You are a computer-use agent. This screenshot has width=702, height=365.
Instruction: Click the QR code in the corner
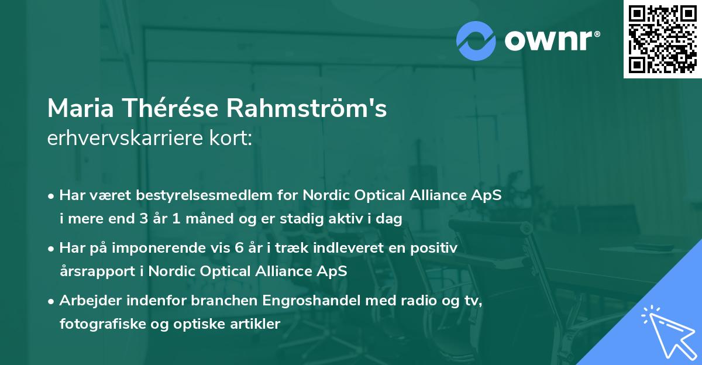click(662, 39)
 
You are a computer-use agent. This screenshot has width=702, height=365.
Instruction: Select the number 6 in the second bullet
click(239, 248)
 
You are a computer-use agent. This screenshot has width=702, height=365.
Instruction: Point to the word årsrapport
click(99, 271)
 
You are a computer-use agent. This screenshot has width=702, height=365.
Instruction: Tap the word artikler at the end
click(256, 323)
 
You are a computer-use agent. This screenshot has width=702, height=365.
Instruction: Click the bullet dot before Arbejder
click(52, 301)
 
